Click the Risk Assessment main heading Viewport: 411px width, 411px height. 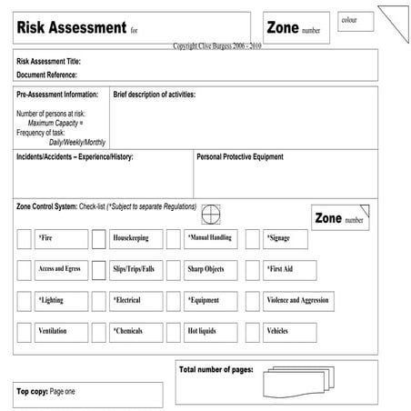click(x=71, y=28)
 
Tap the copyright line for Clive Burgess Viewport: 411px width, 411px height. click(x=216, y=45)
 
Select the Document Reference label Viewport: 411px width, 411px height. click(x=46, y=75)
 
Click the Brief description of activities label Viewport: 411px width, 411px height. click(x=154, y=95)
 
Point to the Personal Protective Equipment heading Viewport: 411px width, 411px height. click(x=240, y=157)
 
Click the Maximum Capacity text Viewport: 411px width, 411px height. click(x=55, y=123)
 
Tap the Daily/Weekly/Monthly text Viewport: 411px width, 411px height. click(x=77, y=142)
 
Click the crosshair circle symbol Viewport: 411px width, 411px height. click(x=211, y=214)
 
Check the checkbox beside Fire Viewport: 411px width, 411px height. click(x=24, y=239)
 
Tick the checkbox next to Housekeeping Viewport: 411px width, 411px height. click(x=98, y=239)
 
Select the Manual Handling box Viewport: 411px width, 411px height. click(x=210, y=238)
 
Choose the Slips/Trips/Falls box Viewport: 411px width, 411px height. click(x=135, y=270)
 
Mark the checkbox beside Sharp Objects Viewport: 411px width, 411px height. click(x=174, y=270)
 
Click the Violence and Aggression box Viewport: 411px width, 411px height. click(x=298, y=301)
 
